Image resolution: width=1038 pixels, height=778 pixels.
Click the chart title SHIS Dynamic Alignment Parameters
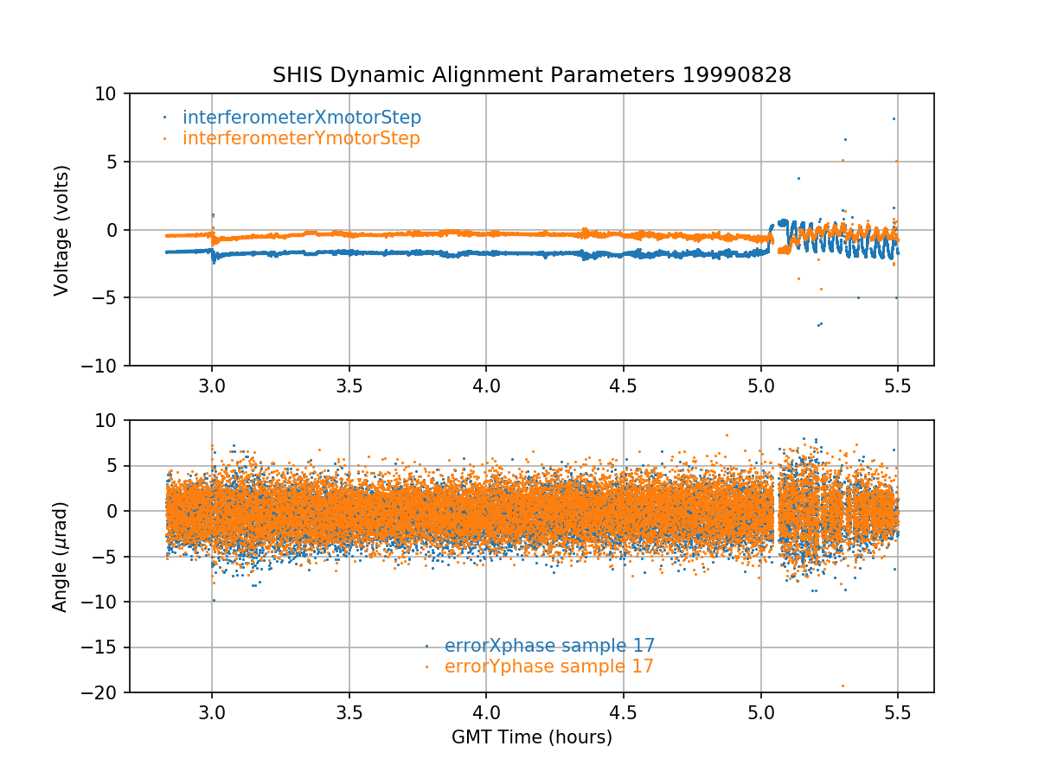476,75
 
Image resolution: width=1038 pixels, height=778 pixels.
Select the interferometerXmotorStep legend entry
302,118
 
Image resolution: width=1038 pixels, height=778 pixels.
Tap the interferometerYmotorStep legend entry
301,138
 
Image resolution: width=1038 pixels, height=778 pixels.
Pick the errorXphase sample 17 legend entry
549,646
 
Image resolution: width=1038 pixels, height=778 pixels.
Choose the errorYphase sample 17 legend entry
548,666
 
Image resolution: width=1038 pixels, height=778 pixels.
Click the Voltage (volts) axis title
61,230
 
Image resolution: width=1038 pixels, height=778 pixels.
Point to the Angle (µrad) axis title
60,557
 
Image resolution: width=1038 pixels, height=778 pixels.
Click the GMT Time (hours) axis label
532,737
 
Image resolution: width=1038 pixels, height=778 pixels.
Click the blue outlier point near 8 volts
894,118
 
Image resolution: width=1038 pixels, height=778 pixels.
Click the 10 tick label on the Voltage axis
111,93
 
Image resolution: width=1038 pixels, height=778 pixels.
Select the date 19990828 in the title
737,75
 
